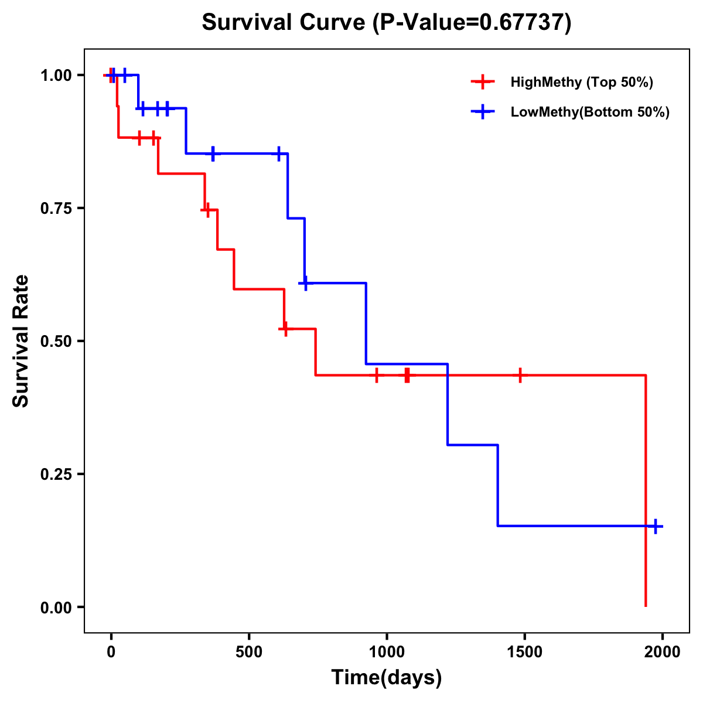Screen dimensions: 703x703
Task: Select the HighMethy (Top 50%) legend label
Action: [x=582, y=82]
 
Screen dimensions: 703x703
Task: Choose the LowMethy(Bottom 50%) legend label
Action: [x=590, y=112]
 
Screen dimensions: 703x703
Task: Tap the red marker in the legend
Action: [x=482, y=82]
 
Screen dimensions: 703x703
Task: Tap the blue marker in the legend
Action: [x=482, y=112]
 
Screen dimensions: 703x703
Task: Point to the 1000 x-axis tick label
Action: [x=387, y=652]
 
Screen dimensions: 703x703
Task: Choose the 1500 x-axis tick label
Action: [x=524, y=652]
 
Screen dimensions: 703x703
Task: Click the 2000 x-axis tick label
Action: [x=662, y=652]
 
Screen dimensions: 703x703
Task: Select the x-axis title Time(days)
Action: [x=387, y=678]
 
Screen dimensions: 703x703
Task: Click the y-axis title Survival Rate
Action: [x=21, y=341]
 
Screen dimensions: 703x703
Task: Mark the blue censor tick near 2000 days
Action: [x=656, y=526]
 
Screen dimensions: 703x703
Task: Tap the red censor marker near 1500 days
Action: [x=520, y=375]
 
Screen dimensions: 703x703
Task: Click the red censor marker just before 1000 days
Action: [x=377, y=375]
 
